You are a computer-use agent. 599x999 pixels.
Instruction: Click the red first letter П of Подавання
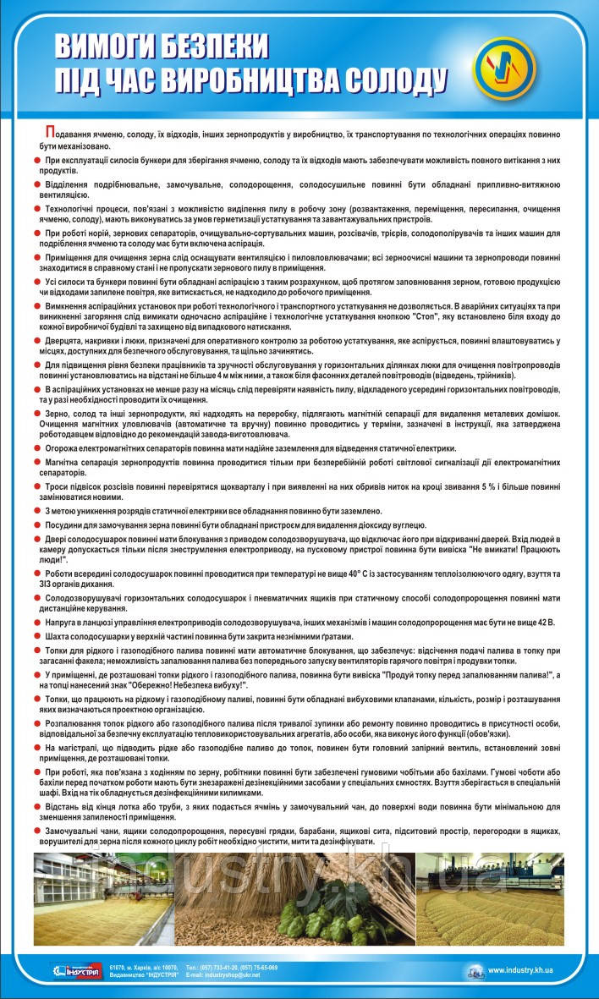coord(50,134)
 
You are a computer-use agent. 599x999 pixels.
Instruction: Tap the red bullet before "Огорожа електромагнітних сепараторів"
coord(37,448)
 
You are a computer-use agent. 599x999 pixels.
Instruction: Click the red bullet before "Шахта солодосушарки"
coord(37,636)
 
